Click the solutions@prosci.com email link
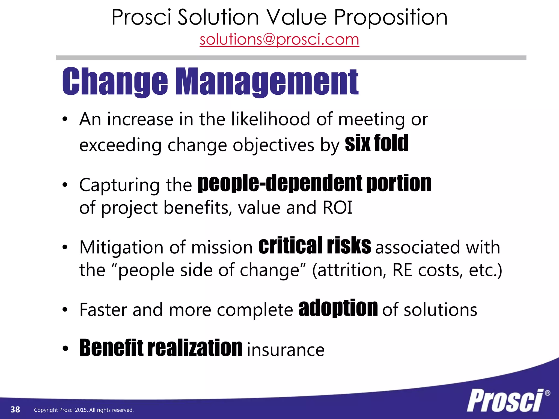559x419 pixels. point(279,40)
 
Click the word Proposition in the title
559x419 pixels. point(391,17)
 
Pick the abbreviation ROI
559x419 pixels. point(337,208)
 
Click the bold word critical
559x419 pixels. point(290,246)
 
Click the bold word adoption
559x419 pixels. point(338,308)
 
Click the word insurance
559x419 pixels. point(286,350)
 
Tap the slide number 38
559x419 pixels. point(15,409)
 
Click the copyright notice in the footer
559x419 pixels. point(84,410)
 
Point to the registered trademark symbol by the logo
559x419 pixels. point(547,393)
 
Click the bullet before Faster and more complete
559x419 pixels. point(65,310)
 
